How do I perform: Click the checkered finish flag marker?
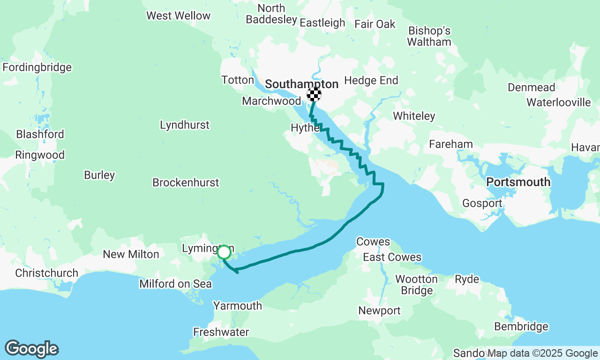tap(314, 95)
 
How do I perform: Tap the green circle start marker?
tap(224, 252)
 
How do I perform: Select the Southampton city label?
tap(301, 84)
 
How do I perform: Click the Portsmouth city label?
tap(518, 182)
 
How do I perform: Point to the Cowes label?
tap(373, 242)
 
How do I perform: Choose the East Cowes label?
tap(392, 257)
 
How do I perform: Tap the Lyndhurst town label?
tap(185, 125)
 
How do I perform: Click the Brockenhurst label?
tap(186, 182)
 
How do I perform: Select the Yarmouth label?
tap(238, 306)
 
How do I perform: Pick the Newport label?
tap(380, 311)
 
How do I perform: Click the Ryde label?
tap(467, 279)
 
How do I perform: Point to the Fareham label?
tap(451, 144)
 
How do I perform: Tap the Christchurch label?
tap(46, 273)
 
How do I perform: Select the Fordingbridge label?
tap(37, 67)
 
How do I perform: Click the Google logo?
tap(31, 349)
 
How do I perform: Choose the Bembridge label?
tap(521, 327)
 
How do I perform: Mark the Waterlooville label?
tap(559, 102)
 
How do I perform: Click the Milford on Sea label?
tap(175, 284)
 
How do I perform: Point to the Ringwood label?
tap(40, 155)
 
